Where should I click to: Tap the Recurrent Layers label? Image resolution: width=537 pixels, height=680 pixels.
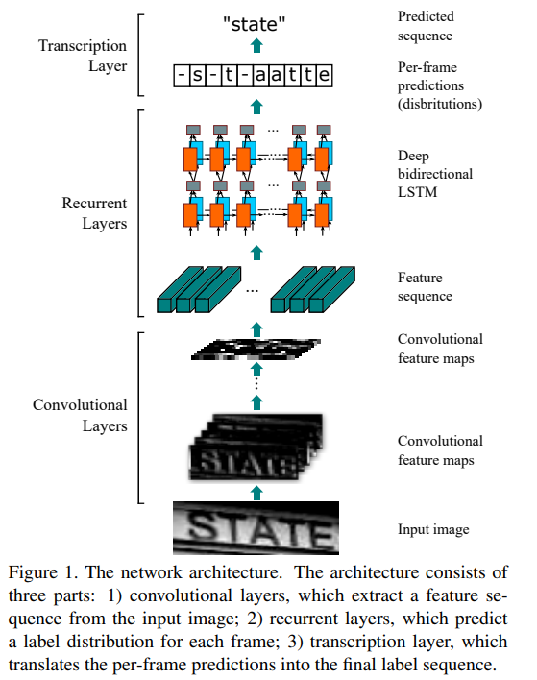coord(94,213)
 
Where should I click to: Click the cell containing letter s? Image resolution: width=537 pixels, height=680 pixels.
coord(199,75)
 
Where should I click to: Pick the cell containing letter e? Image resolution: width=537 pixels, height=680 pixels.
coord(326,75)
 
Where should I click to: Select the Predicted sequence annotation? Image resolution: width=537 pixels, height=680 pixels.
coord(426,26)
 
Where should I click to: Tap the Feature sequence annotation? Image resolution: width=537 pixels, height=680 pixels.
coord(427,286)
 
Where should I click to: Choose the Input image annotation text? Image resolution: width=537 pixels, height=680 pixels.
coord(433,529)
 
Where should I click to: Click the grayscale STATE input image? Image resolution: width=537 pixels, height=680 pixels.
coord(256,528)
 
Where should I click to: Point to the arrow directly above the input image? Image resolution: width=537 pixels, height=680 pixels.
coord(256,493)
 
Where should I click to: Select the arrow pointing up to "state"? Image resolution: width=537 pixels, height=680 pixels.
coord(256,45)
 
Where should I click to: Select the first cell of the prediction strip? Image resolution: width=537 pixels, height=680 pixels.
coord(181,75)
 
